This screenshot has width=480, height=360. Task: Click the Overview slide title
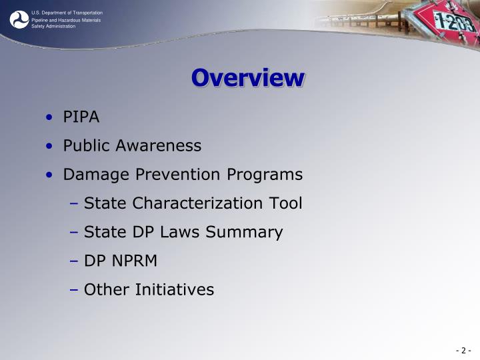point(248,78)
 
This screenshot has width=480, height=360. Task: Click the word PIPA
point(81,117)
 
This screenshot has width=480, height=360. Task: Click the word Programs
point(265,175)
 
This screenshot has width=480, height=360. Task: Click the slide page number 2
point(464,351)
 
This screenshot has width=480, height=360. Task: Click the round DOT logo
point(19,19)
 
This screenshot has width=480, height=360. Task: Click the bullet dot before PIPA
point(51,118)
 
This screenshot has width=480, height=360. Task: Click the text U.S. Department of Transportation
point(67,13)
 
